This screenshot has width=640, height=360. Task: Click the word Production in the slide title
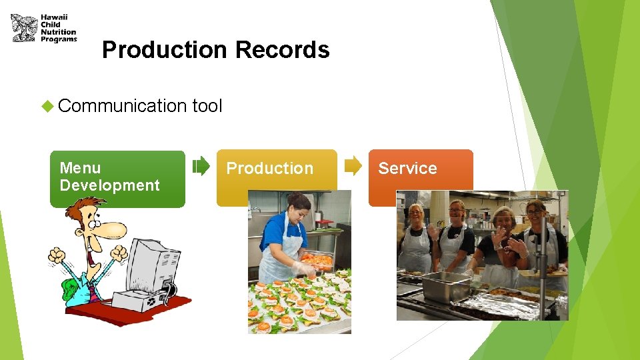click(164, 50)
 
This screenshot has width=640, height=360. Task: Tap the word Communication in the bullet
click(122, 105)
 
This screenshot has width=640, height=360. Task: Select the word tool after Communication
click(207, 105)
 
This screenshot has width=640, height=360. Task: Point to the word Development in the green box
click(109, 185)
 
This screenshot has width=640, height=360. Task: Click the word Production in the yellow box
click(269, 169)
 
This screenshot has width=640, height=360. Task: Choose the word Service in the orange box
click(407, 169)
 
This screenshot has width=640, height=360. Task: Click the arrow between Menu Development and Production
click(201, 166)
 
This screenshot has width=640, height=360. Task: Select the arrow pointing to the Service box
click(354, 166)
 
